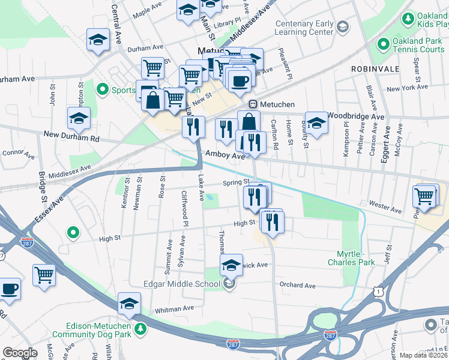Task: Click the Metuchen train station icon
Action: (x=253, y=104)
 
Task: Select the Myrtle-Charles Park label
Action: (x=351, y=257)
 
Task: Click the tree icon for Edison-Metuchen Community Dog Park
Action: (x=140, y=329)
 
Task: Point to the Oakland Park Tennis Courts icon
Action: (x=383, y=44)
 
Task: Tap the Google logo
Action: (x=20, y=353)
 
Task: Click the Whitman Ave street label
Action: (x=174, y=308)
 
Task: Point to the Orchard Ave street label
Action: (x=297, y=285)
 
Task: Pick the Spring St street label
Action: (x=236, y=182)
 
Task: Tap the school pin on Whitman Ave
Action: (x=129, y=304)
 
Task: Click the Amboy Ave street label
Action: (x=225, y=155)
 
